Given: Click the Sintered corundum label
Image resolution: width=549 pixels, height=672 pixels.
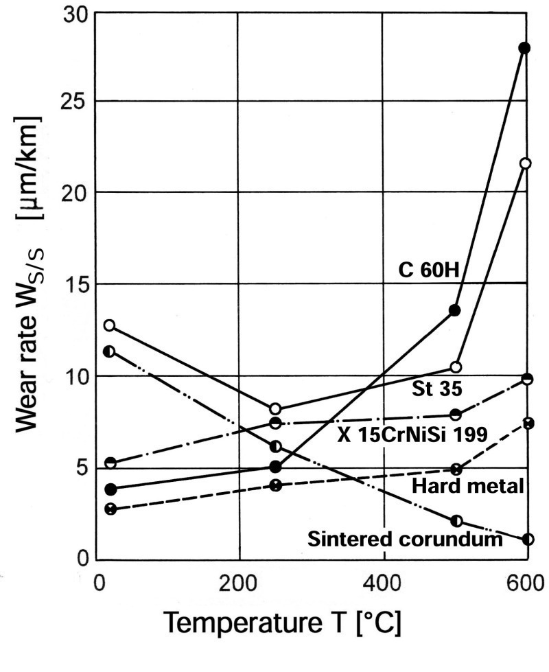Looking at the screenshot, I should pos(405,539).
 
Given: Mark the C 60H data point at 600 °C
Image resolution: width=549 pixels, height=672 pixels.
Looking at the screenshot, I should pos(525,48).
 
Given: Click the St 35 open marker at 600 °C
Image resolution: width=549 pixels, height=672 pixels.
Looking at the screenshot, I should pos(526,163).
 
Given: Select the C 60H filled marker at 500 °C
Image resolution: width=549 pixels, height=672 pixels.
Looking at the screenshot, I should pos(454,310).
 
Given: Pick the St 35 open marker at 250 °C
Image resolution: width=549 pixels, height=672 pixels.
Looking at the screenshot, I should pos(275,409).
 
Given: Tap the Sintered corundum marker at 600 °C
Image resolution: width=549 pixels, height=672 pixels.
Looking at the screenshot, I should pos(528,539).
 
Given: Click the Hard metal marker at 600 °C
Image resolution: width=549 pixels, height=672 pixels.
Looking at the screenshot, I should pos(528,424).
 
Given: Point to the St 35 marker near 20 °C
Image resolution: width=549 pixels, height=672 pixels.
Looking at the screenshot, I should pos(109,325).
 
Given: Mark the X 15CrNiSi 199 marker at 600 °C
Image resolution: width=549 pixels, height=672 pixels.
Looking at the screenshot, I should pos(528,379).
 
